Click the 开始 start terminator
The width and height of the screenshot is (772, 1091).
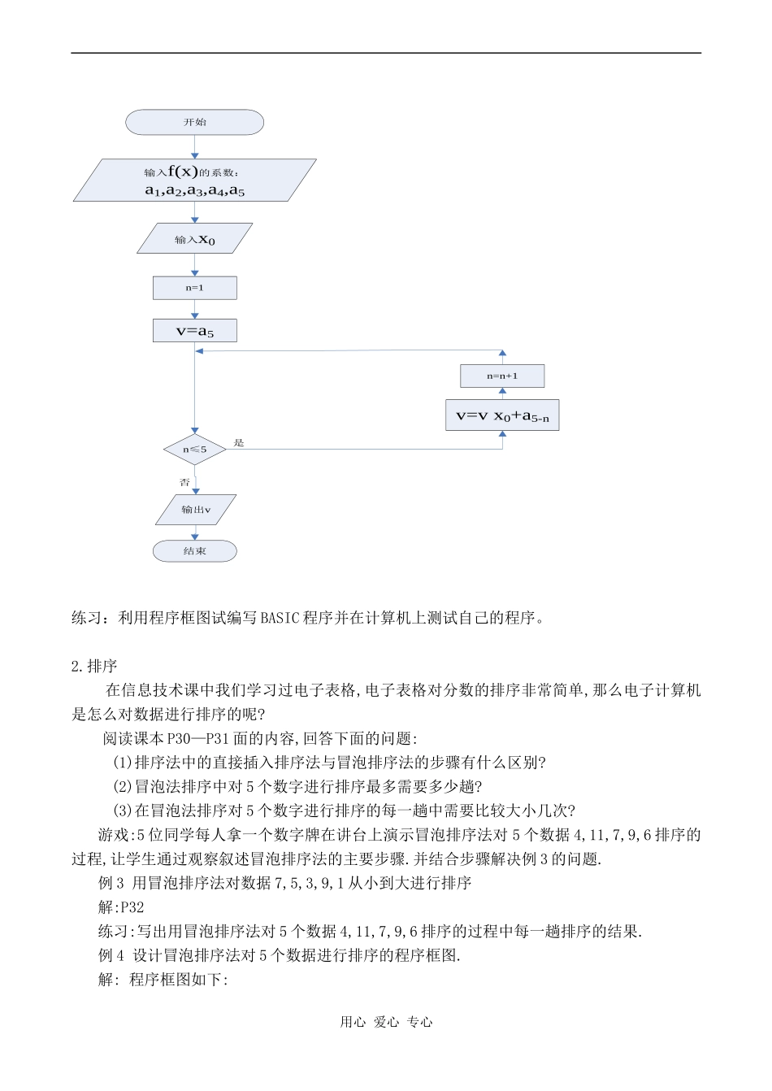(x=194, y=122)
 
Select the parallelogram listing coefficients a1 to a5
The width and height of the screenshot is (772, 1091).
(x=194, y=180)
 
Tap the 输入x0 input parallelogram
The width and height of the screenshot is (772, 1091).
(x=194, y=239)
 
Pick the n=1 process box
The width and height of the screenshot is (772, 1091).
(x=194, y=288)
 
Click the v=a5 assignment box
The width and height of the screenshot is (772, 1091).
(x=194, y=331)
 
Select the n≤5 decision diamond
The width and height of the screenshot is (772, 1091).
(x=194, y=450)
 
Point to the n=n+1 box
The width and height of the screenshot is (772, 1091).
(x=502, y=376)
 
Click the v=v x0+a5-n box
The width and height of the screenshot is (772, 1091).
(x=502, y=415)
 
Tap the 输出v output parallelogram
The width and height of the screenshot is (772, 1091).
(x=195, y=510)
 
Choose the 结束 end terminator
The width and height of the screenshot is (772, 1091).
(x=194, y=551)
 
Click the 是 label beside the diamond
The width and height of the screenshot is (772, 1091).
(x=239, y=443)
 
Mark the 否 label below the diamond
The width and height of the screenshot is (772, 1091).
(x=184, y=482)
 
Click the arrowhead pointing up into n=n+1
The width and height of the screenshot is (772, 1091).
(x=502, y=392)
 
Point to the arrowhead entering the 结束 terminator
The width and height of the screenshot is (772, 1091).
(x=195, y=537)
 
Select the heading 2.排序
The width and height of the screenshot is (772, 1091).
(x=94, y=667)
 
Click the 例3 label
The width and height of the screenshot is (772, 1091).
(x=111, y=883)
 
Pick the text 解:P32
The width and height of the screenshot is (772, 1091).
(x=121, y=907)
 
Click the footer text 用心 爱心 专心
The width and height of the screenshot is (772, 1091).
(x=386, y=1022)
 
